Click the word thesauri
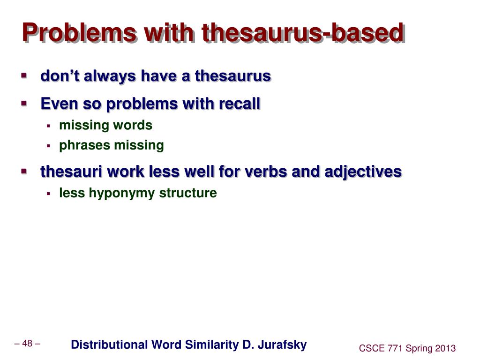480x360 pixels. (x=71, y=172)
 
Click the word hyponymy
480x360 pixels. (x=119, y=193)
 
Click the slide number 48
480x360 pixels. (x=27, y=344)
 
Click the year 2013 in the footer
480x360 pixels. (x=445, y=348)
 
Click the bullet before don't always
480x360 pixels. (x=23, y=75)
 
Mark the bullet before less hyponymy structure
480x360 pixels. (x=48, y=193)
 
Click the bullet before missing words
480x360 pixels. (x=48, y=126)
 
